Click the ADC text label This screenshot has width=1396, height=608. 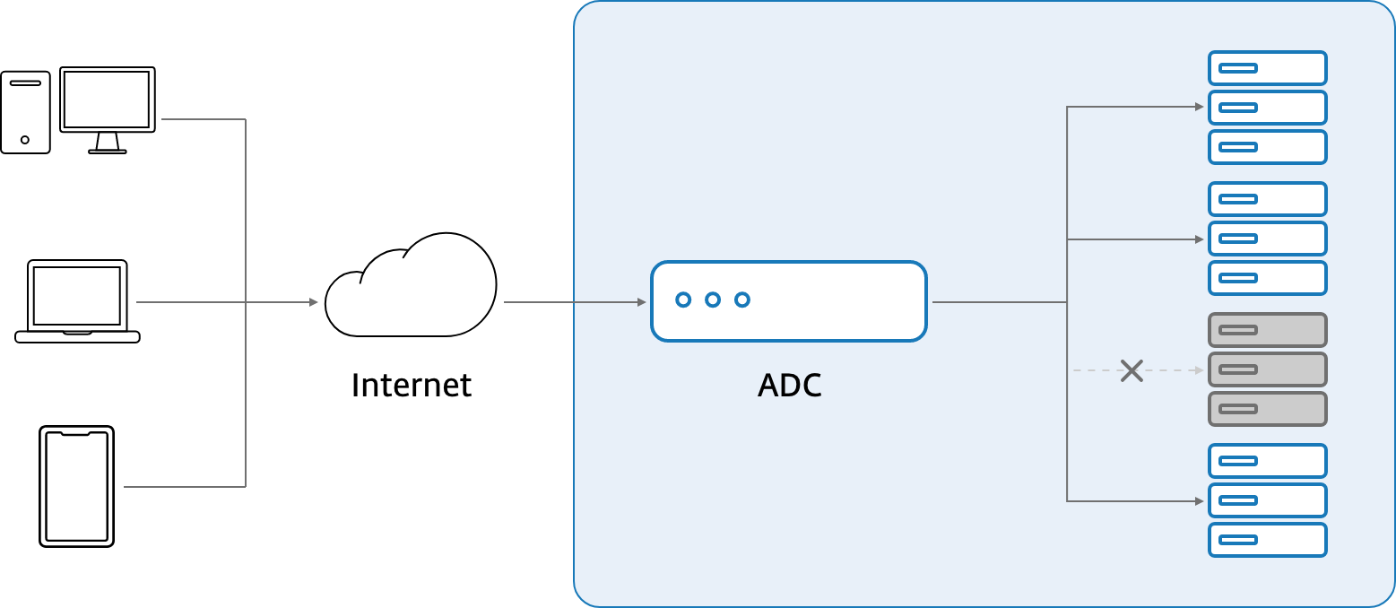click(789, 386)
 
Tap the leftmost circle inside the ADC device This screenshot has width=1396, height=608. click(683, 300)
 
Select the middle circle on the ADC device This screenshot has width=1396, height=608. click(713, 300)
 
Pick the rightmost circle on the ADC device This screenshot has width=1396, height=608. click(742, 300)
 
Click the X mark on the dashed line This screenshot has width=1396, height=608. click(1132, 370)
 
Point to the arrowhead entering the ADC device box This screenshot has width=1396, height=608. click(641, 302)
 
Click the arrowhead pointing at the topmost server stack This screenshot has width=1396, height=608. click(1199, 107)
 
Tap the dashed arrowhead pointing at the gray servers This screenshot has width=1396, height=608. click(1199, 370)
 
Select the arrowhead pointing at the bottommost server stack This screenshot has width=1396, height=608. click(1199, 501)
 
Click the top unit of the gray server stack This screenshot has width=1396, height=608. click(1267, 330)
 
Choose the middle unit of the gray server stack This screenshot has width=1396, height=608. click(1267, 369)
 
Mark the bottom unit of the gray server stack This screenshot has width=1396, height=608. click(1267, 409)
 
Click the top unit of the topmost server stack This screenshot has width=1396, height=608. click(1267, 68)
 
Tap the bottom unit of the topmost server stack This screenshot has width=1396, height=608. click(1267, 147)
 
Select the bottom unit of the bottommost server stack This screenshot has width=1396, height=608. click(1267, 540)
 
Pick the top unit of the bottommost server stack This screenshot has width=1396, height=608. click(1267, 461)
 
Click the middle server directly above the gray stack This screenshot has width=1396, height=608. click(1267, 239)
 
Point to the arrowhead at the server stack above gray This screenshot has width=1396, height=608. click(1199, 239)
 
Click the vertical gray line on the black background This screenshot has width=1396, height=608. click(246, 215)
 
